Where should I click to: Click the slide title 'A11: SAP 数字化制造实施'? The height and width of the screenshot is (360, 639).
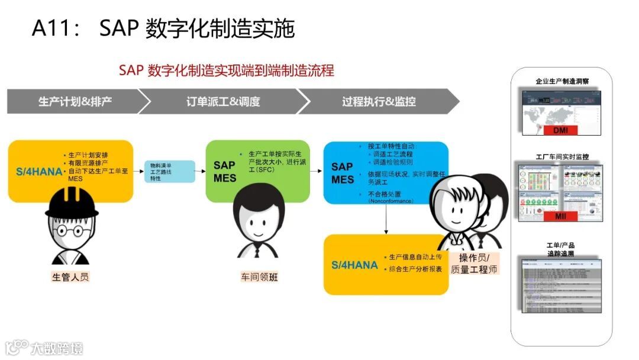pyautogui.click(x=163, y=28)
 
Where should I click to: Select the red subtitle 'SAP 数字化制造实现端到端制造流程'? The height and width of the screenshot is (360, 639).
pyautogui.click(x=226, y=70)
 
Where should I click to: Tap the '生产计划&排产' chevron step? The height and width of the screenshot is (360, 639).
pyautogui.click(x=75, y=101)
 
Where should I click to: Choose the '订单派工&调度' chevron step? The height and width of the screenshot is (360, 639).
pyautogui.click(x=222, y=101)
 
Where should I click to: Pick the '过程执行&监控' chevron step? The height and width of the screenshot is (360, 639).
pyautogui.click(x=379, y=101)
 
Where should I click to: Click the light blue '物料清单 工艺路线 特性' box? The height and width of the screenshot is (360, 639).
pyautogui.click(x=169, y=172)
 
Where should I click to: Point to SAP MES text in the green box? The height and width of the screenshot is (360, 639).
pyautogui.click(x=225, y=172)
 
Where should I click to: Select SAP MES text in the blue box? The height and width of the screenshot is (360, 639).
pyautogui.click(x=343, y=173)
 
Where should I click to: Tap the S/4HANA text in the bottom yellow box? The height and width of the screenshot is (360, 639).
pyautogui.click(x=354, y=265)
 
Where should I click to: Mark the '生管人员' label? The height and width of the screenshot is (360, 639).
pyautogui.click(x=70, y=277)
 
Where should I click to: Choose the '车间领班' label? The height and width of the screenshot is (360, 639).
pyautogui.click(x=259, y=277)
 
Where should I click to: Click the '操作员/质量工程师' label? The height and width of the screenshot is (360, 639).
pyautogui.click(x=474, y=263)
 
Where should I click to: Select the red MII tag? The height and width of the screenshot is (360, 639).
pyautogui.click(x=560, y=216)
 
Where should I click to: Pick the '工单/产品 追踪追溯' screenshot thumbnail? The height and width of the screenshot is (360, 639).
pyautogui.click(x=561, y=285)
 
